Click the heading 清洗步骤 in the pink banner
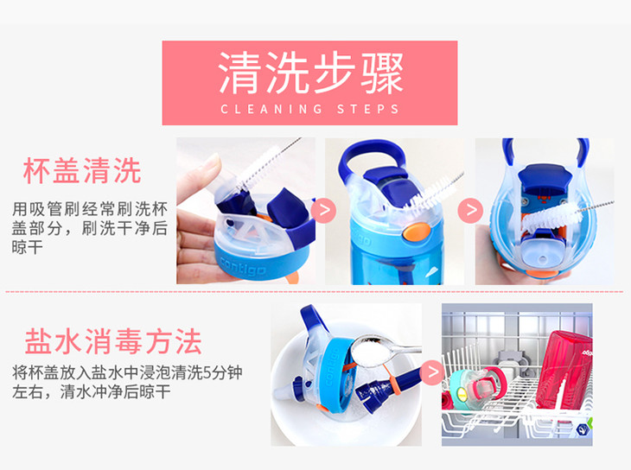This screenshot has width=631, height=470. (x=310, y=73)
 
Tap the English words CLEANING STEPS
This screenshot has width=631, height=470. (x=309, y=109)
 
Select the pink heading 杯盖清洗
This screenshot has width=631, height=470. (x=82, y=170)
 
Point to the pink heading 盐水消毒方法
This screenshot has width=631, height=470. (x=113, y=341)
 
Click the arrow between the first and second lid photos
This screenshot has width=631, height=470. (x=323, y=210)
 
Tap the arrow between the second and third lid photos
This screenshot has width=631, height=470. (x=471, y=210)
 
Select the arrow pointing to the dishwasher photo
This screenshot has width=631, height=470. (x=432, y=372)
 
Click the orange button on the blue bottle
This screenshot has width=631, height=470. (x=416, y=232)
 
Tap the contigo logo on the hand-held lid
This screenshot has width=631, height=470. (x=243, y=265)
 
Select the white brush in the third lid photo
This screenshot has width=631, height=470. (x=551, y=218)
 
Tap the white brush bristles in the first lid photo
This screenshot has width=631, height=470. (x=258, y=166)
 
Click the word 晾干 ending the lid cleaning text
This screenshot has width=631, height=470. (x=28, y=247)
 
